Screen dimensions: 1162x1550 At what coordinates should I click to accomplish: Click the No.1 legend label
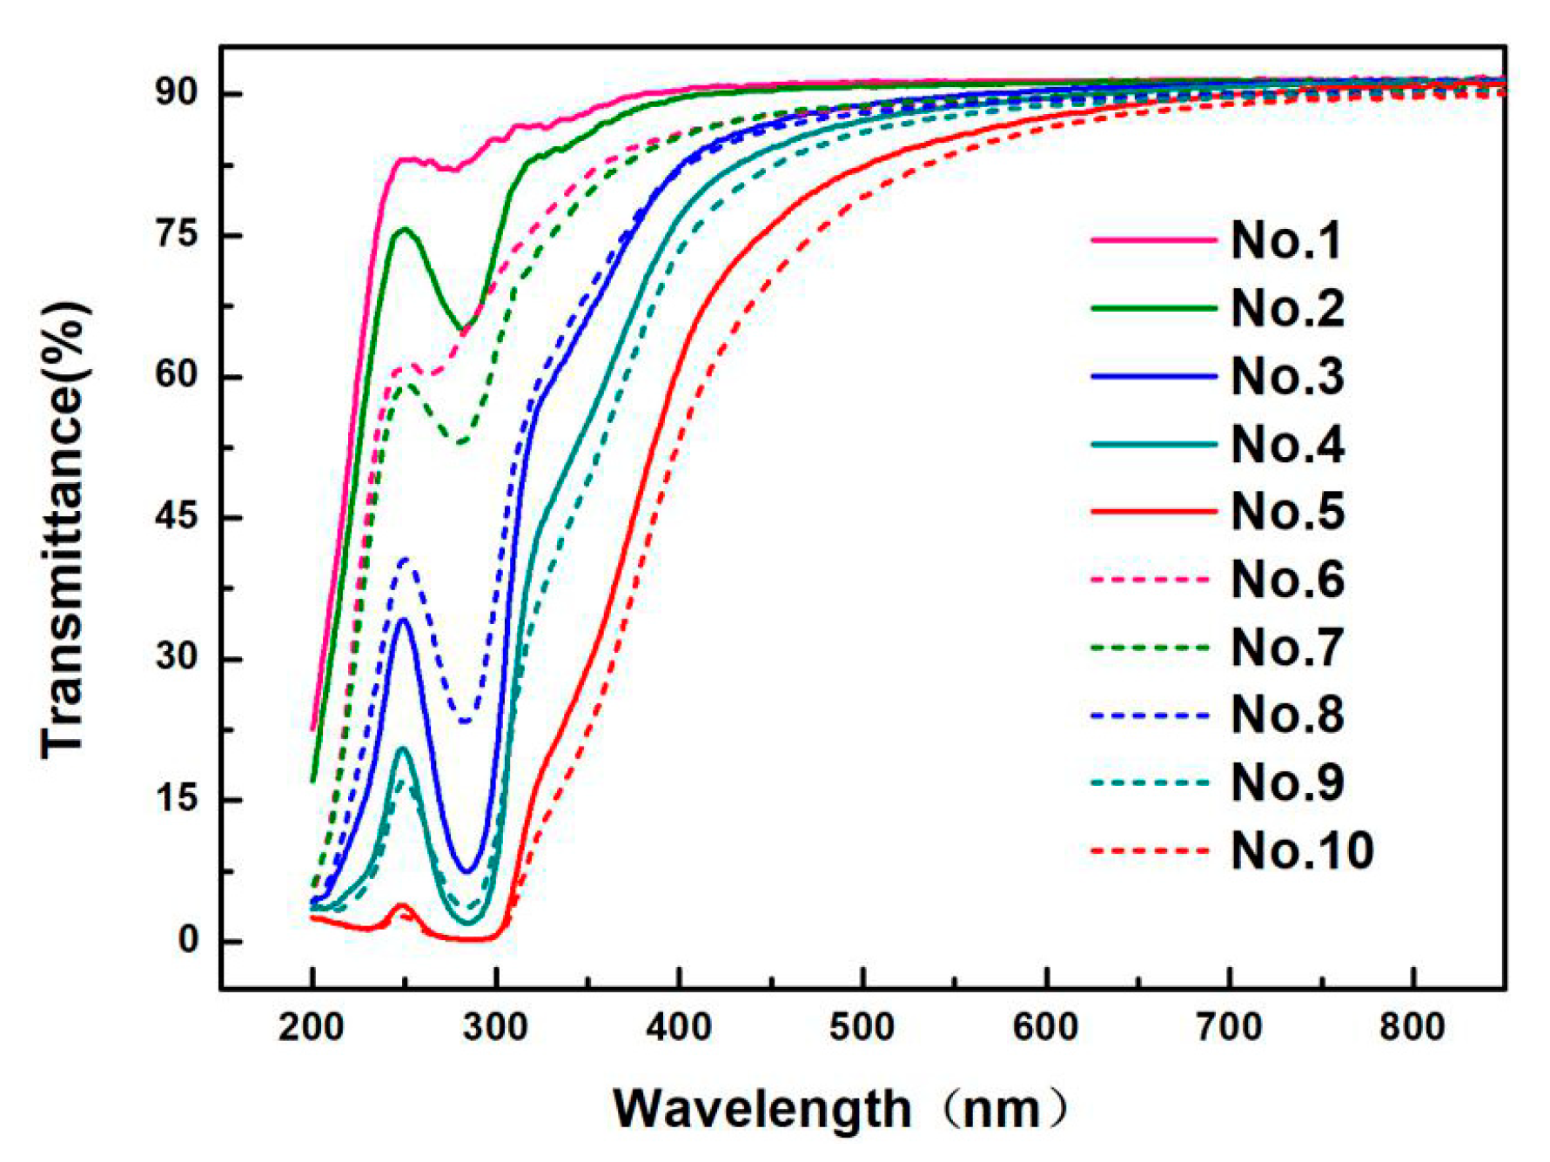(x=1287, y=240)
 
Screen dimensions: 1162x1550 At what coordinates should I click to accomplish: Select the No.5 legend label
(x=1287, y=512)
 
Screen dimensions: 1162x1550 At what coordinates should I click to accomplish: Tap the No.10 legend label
(x=1302, y=850)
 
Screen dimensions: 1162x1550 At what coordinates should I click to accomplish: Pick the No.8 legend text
(x=1287, y=715)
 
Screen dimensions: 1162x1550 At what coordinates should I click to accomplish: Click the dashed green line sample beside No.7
(x=1151, y=648)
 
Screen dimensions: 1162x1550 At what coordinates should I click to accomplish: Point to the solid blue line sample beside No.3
(x=1153, y=377)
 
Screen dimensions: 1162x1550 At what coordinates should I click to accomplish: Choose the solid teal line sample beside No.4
(x=1153, y=445)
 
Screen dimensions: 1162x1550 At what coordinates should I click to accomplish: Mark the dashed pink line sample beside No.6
(x=1151, y=580)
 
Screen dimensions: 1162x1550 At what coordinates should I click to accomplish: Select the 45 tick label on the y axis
(x=177, y=517)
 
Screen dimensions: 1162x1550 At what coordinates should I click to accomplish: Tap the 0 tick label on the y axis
(x=188, y=940)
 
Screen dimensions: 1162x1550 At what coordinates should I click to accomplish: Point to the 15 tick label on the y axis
(x=177, y=799)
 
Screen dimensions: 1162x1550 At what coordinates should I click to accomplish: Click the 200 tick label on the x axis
(x=312, y=1028)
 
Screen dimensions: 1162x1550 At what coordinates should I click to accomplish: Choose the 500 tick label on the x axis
(x=862, y=1028)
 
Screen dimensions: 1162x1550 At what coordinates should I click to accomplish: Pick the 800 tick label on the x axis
(x=1412, y=1028)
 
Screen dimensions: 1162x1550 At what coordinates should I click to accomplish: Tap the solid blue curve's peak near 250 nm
(x=403, y=620)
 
